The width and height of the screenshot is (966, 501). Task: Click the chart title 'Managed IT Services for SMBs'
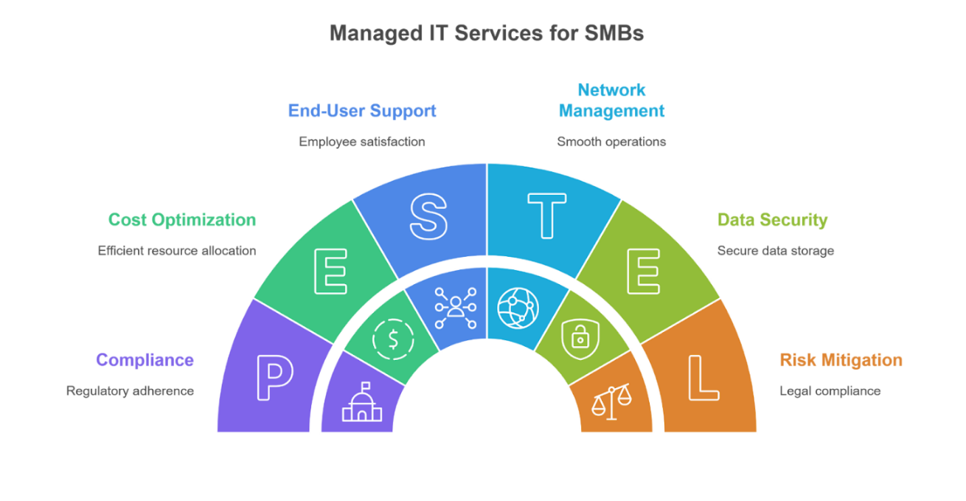[486, 33]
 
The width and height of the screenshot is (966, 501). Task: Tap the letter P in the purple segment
[274, 378]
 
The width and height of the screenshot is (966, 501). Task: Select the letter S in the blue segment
[428, 217]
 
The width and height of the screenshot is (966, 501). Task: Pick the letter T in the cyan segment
[546, 217]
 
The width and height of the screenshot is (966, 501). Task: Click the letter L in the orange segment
[702, 378]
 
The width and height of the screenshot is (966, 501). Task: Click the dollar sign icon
[393, 339]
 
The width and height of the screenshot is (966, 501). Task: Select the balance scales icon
[612, 401]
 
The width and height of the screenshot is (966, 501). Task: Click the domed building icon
[362, 402]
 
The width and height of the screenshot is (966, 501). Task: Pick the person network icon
[455, 308]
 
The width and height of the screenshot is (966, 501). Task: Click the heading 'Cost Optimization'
[182, 220]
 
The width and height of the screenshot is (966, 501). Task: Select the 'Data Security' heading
[772, 220]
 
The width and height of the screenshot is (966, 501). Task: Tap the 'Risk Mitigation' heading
[841, 360]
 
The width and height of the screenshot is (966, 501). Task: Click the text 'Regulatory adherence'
[130, 391]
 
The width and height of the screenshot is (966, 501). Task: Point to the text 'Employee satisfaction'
[361, 142]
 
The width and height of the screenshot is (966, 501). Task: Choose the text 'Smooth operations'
[611, 142]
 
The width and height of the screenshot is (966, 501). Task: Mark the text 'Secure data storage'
[775, 251]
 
